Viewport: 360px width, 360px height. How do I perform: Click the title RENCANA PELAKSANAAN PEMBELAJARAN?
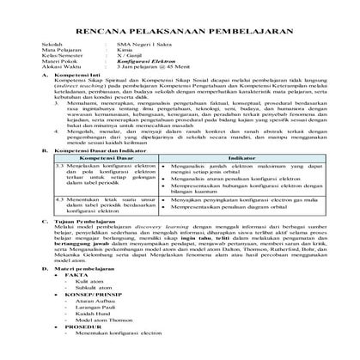coord(180,27)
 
